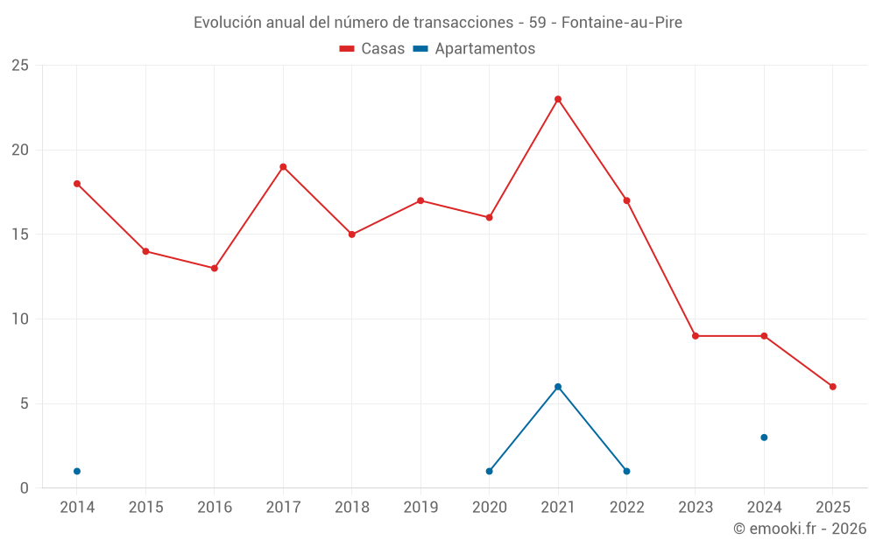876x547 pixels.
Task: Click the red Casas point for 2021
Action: tap(558, 99)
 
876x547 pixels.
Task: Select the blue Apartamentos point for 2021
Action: tap(558, 387)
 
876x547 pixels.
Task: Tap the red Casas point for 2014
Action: tap(77, 184)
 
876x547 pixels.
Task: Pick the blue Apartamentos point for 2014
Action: tap(77, 472)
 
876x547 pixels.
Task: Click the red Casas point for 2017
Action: tap(283, 167)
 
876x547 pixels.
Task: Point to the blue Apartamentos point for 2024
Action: tap(764, 438)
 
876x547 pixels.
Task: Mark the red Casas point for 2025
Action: tap(833, 387)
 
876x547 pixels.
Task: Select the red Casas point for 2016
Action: tap(215, 269)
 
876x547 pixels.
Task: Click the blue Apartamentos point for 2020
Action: tap(489, 472)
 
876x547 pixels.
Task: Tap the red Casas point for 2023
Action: tap(696, 336)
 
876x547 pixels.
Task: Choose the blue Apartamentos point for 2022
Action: tap(626, 472)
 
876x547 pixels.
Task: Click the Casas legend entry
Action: tap(372, 49)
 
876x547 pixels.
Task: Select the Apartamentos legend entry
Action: tap(474, 49)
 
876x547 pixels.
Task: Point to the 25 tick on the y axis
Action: tap(20, 66)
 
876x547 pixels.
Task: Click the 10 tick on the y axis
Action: tap(20, 319)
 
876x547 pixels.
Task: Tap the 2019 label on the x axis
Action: tap(420, 508)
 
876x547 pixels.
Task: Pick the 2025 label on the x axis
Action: tap(833, 508)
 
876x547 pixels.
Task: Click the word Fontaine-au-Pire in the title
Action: tap(621, 23)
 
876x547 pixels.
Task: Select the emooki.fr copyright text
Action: tap(800, 529)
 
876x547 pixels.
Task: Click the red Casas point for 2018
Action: tap(352, 235)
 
